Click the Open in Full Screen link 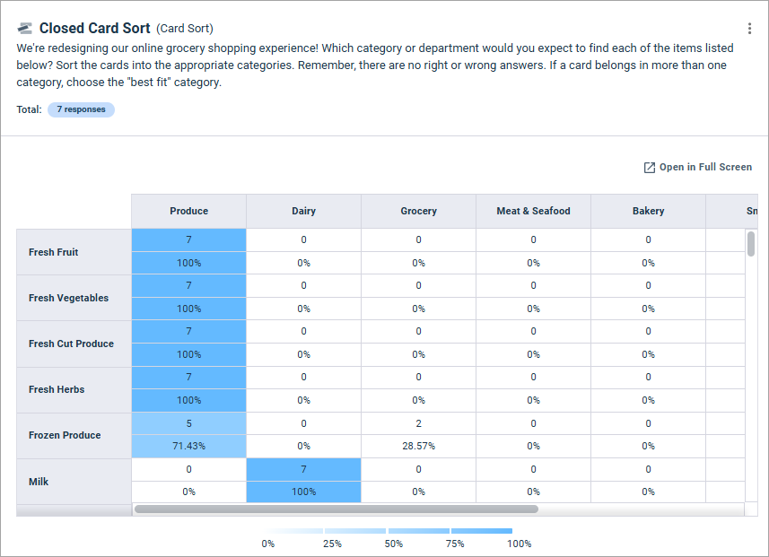click(698, 167)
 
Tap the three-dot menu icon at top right click(749, 29)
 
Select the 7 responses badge click(81, 109)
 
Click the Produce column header click(188, 211)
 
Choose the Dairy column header click(303, 211)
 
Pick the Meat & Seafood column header click(533, 211)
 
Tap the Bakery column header click(648, 211)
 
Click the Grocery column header click(418, 211)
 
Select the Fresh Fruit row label click(54, 252)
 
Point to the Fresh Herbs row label click(57, 389)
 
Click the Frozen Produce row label click(65, 435)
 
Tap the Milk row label click(39, 482)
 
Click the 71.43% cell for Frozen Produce click(188, 446)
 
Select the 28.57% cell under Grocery click(418, 446)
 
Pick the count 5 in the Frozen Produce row click(188, 423)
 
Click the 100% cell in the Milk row click(303, 492)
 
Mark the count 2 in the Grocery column click(418, 423)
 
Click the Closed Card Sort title click(94, 29)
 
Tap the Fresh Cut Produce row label click(71, 344)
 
